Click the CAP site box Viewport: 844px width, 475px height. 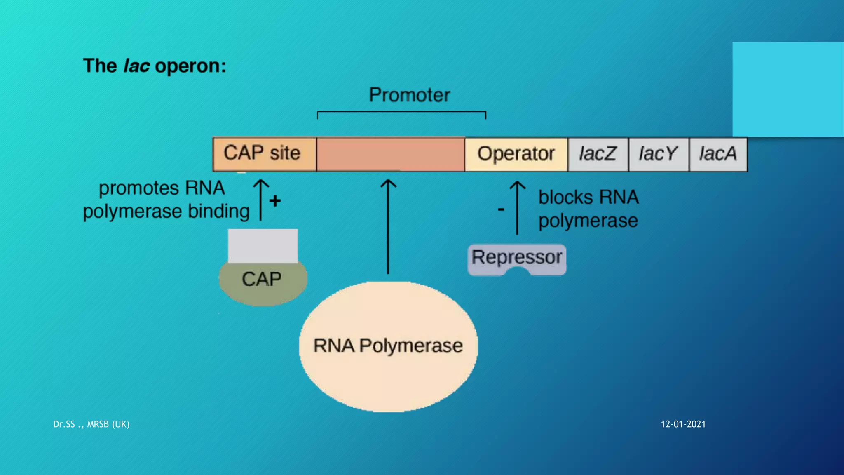(264, 154)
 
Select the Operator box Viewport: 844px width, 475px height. (516, 154)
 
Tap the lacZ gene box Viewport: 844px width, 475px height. (598, 154)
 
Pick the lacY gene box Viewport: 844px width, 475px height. (658, 154)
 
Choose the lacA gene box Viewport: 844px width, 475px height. (718, 154)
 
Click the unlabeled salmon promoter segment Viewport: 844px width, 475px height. (390, 154)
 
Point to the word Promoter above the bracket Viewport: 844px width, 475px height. (409, 95)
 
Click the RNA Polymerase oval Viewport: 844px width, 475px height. (388, 346)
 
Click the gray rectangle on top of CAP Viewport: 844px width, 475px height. (263, 246)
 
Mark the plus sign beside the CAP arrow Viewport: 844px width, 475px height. (275, 201)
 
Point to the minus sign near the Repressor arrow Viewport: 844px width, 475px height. (501, 210)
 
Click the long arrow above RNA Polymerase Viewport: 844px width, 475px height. (388, 227)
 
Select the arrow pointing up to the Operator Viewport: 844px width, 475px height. (517, 208)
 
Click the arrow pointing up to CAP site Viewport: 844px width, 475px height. (260, 200)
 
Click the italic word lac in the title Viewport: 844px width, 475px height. (136, 66)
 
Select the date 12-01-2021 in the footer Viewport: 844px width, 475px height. (683, 424)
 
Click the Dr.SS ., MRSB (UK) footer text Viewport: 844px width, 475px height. (91, 424)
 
